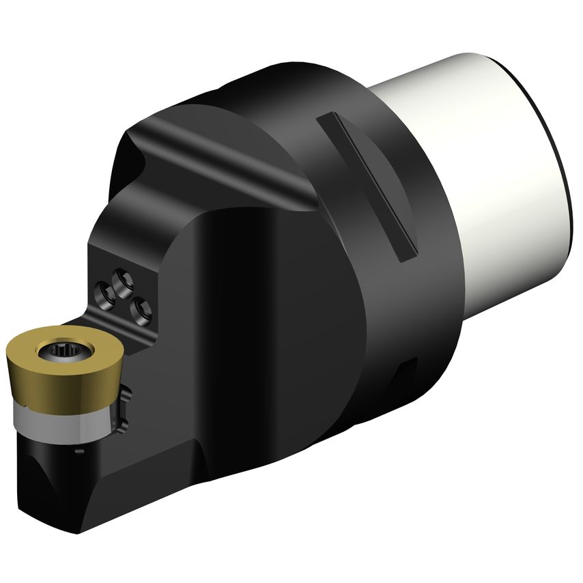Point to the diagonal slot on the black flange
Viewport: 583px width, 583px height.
click(x=366, y=184)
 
